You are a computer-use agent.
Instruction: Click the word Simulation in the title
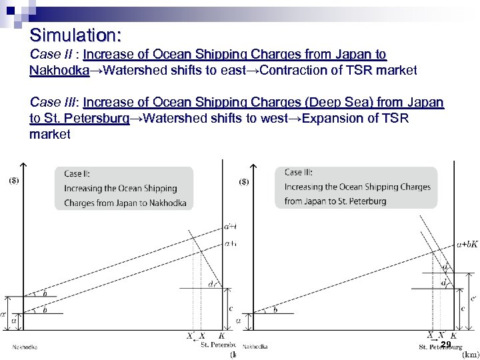74,34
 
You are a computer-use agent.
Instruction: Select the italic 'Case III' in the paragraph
53,103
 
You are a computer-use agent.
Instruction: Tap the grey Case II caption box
124,188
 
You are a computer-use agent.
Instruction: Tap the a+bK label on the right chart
467,245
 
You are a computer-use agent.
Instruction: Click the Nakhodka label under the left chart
25,347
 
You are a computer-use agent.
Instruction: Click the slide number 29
446,345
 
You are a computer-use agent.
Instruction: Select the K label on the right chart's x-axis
453,336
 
